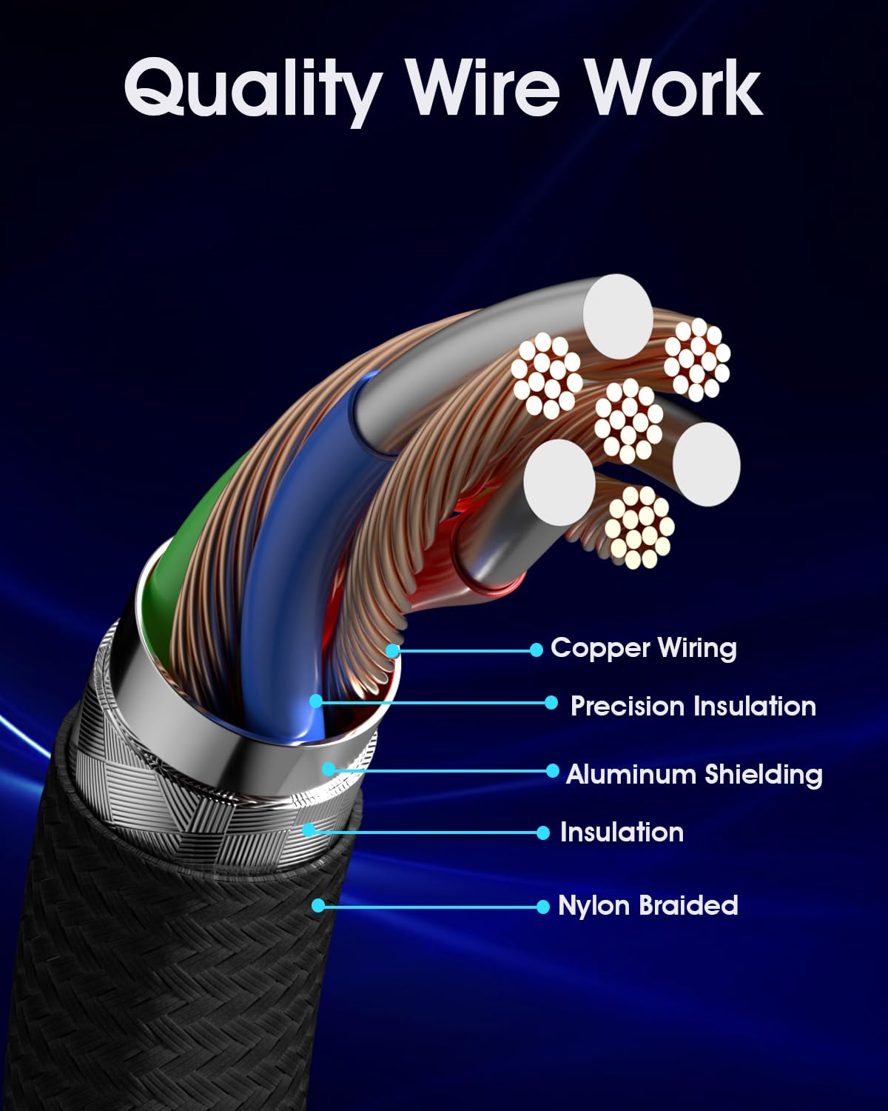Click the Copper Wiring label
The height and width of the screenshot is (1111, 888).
point(644,648)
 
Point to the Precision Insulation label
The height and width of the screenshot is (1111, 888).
point(693,706)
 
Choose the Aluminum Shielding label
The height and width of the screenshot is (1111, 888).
point(694,774)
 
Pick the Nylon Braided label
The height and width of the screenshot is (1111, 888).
point(648,905)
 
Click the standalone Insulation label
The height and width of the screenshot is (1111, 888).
point(622,832)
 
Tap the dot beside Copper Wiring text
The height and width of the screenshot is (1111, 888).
point(536,650)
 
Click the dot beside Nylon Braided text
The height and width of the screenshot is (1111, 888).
point(543,906)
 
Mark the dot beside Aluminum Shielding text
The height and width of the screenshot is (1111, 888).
point(552,771)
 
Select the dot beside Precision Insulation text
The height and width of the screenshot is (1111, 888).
point(551,702)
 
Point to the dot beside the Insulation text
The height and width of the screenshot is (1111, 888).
point(543,833)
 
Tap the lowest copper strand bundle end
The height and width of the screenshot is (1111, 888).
point(639,527)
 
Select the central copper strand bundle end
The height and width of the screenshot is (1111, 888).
point(628,420)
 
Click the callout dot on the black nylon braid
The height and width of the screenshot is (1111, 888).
point(318,905)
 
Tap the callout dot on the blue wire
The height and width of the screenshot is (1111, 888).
point(316,701)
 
